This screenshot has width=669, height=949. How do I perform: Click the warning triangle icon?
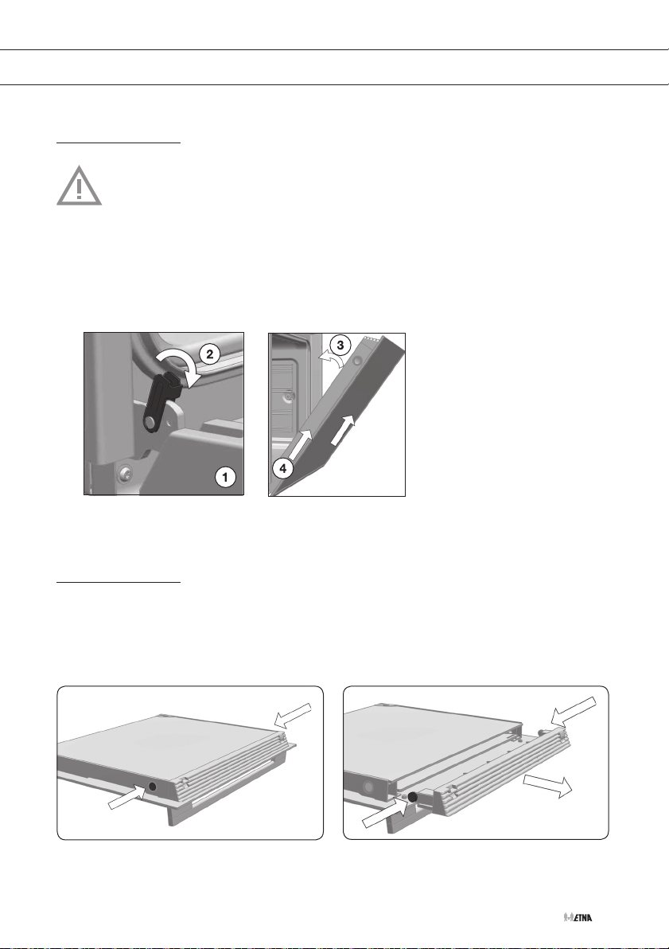click(x=80, y=186)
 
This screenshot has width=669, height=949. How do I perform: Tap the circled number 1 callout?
click(x=226, y=477)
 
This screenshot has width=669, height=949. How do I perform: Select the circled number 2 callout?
click(x=209, y=354)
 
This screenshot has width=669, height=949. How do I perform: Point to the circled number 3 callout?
click(x=340, y=346)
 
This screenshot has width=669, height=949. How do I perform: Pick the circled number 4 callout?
click(x=282, y=468)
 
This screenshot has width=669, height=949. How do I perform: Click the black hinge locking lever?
click(x=160, y=402)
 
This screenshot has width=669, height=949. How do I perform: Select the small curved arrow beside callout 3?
click(x=328, y=360)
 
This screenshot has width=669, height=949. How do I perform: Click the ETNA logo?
click(x=578, y=917)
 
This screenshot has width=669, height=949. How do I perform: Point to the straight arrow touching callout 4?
click(x=300, y=446)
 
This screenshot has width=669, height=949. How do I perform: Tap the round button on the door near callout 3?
click(x=356, y=361)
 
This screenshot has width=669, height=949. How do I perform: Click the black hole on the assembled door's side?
click(x=152, y=787)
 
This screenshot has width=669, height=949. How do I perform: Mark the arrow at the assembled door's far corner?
click(x=294, y=715)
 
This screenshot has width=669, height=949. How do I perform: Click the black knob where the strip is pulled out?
click(x=413, y=798)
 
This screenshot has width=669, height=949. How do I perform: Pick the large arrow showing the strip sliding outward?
click(x=547, y=785)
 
